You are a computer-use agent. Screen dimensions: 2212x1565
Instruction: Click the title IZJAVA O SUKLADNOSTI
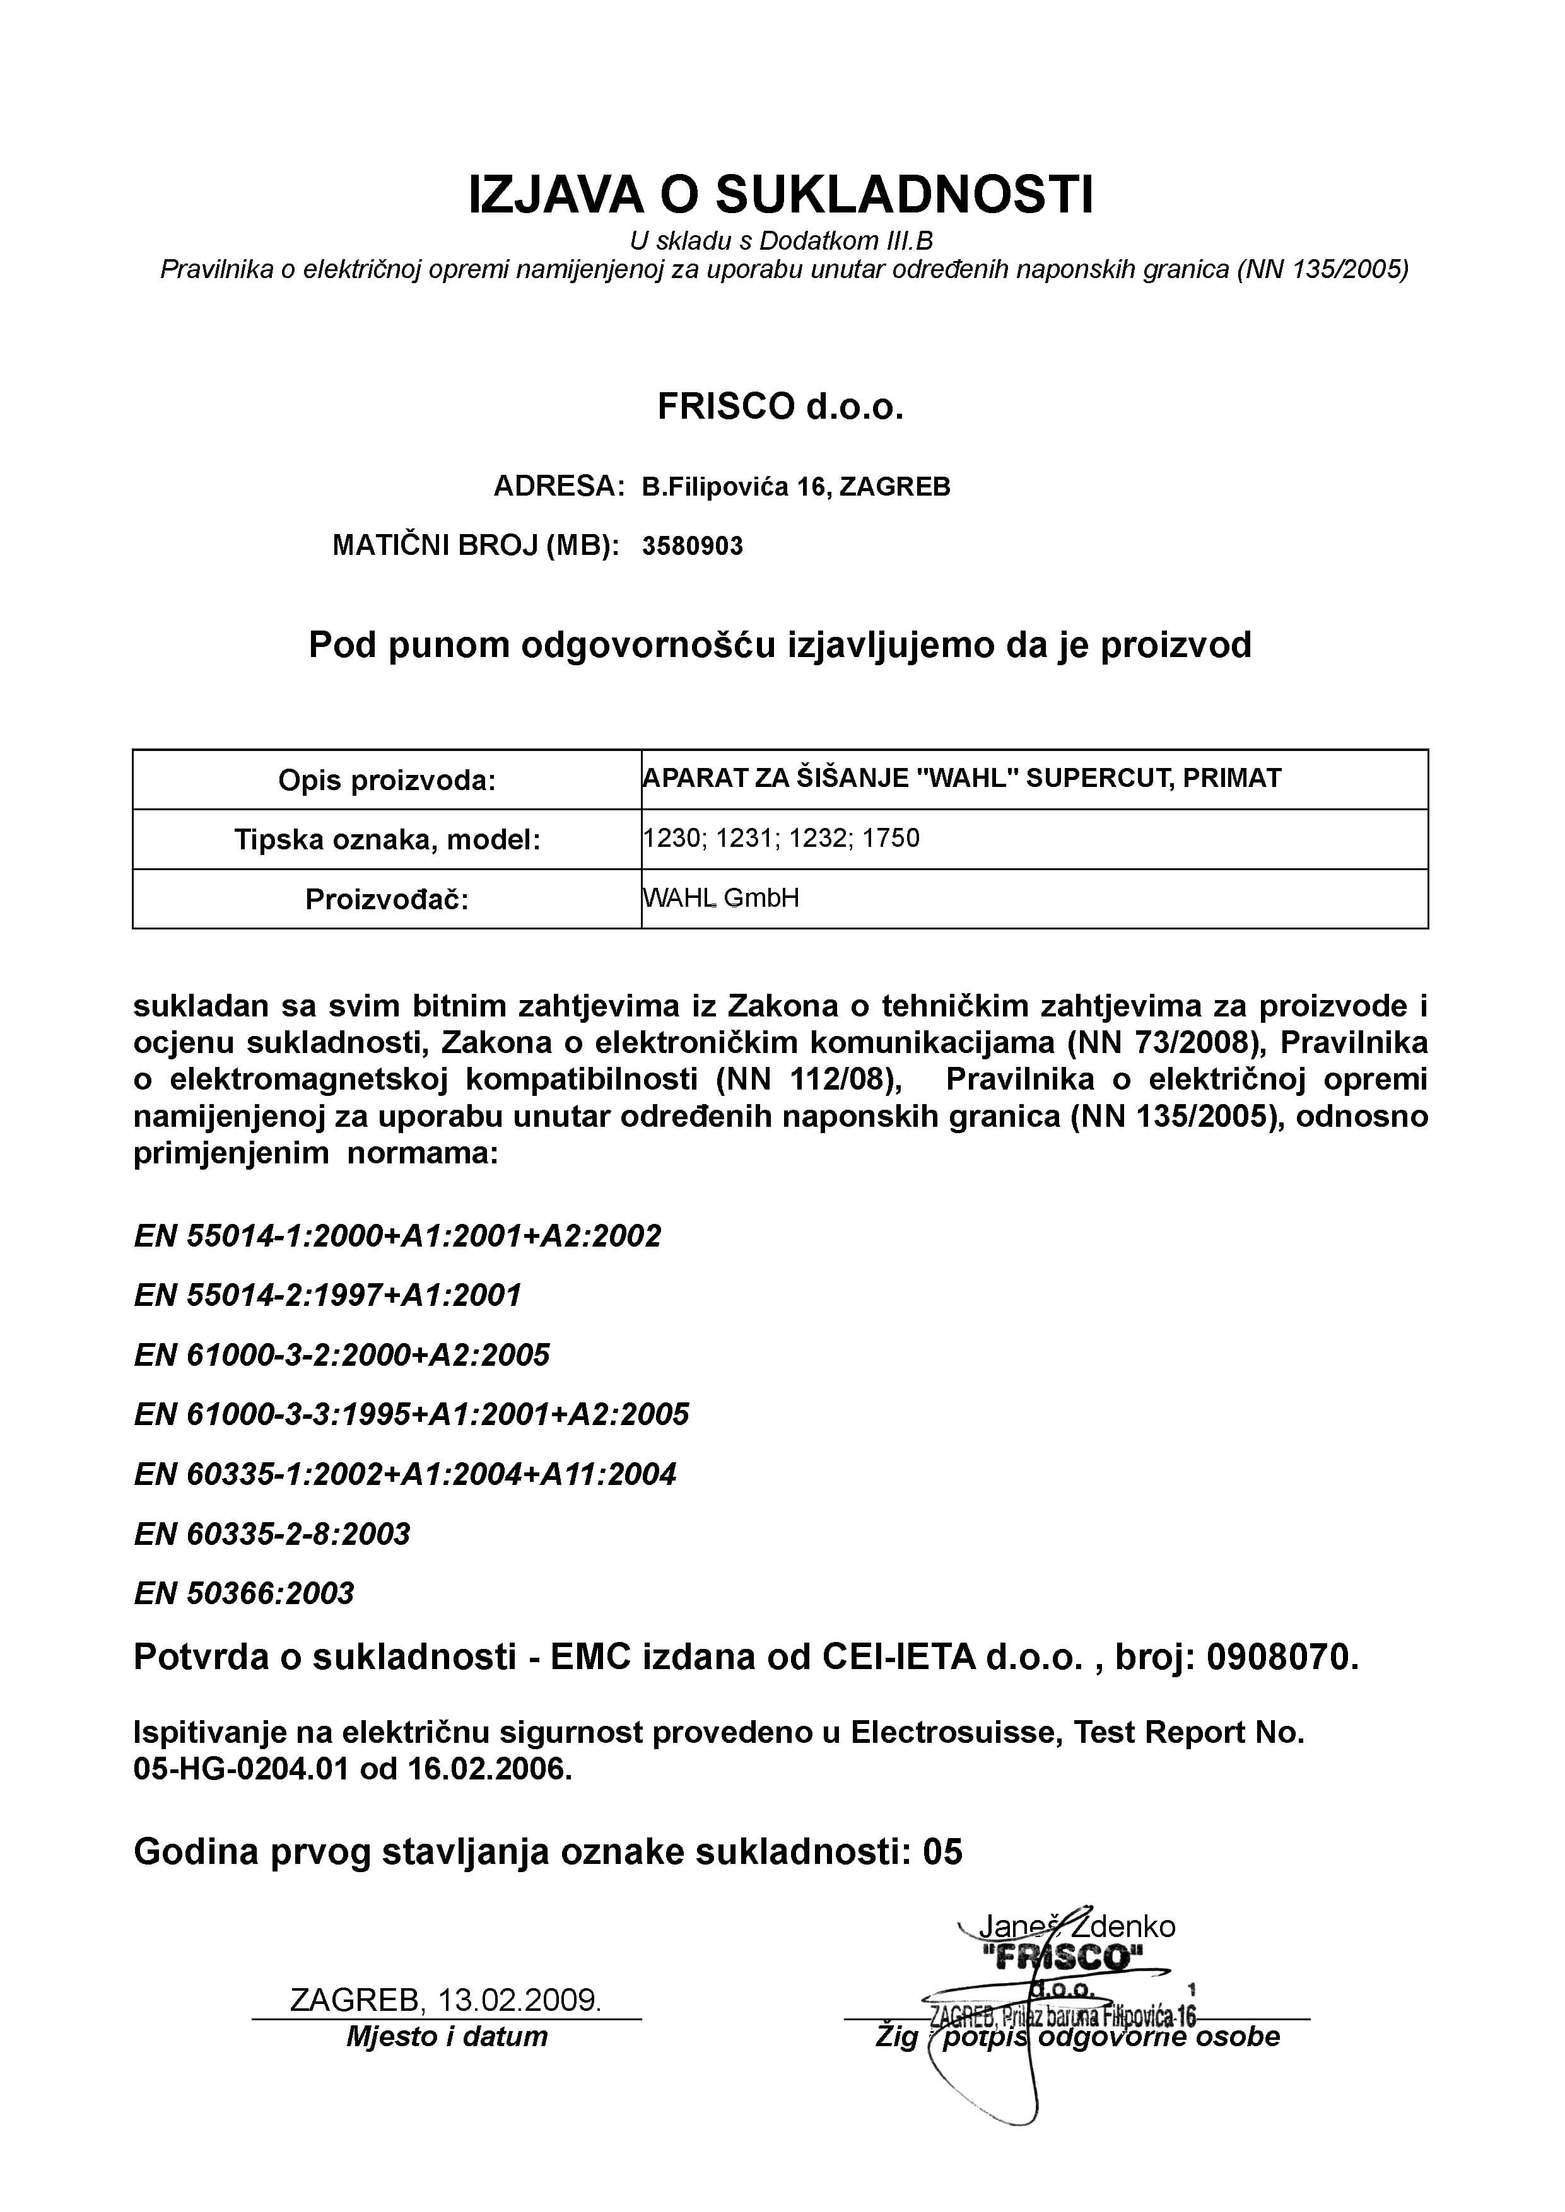(x=780, y=195)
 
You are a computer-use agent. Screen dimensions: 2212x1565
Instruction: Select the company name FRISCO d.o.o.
(x=780, y=407)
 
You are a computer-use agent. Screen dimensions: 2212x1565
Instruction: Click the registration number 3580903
(x=693, y=546)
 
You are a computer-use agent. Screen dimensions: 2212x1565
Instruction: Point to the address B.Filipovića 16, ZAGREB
(x=796, y=487)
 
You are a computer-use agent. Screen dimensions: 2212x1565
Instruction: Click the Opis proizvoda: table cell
(x=387, y=779)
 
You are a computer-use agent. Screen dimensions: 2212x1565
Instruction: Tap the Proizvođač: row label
(x=387, y=899)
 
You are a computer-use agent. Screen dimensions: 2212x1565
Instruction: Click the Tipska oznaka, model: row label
(x=387, y=839)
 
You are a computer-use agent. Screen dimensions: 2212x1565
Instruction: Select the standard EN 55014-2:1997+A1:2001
(x=327, y=1295)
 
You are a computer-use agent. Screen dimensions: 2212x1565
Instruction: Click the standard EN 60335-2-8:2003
(x=272, y=1534)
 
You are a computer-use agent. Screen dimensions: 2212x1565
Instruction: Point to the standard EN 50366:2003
(x=244, y=1593)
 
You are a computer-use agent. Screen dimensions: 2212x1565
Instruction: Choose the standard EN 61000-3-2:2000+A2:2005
(x=342, y=1354)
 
